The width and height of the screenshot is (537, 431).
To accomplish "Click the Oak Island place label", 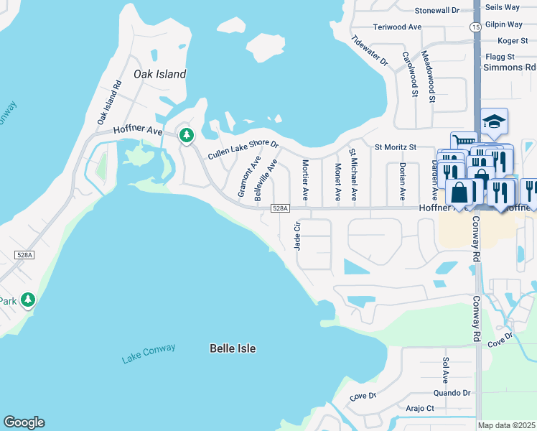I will point(159,74).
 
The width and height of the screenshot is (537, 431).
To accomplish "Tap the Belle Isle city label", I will point(233,348).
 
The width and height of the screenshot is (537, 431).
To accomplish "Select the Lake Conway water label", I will point(149,353).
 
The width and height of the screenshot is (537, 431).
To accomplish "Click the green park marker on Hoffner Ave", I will point(187,134).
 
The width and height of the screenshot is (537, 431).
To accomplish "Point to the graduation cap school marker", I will point(494,121).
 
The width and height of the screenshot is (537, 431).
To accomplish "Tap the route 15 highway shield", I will point(475,27).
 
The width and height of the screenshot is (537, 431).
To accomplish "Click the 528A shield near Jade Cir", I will point(280,208).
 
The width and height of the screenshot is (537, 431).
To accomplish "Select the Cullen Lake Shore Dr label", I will point(243,149).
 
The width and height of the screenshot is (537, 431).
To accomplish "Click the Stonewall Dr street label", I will point(437,10).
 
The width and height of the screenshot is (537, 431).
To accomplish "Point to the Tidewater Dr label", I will point(369,51).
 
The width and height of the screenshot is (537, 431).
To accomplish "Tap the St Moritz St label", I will point(396,147).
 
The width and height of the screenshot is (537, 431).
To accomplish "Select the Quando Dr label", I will point(452,393).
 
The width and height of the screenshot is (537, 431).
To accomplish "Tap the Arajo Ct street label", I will point(420,408).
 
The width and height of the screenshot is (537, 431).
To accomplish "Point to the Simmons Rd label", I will point(509,68).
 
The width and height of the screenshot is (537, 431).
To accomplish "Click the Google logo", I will point(24,422).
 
